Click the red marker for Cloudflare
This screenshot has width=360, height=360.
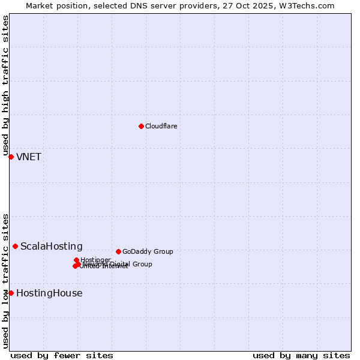(141, 126)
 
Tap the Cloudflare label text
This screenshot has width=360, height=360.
(161, 126)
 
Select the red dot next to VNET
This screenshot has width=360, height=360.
(11, 157)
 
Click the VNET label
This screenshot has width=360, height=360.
(29, 157)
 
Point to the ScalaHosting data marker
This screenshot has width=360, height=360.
(15, 246)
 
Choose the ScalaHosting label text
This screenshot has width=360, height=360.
(52, 247)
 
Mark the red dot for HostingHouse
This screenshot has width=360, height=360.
(11, 293)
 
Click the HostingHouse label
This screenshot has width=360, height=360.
(49, 293)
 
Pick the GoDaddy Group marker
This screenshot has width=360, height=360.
(118, 251)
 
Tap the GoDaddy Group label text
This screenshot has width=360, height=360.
(148, 251)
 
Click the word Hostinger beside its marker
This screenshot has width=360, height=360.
(95, 260)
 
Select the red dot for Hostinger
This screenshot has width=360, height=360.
(76, 260)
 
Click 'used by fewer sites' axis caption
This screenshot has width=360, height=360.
(62, 355)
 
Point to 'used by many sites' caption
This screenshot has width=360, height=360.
(301, 355)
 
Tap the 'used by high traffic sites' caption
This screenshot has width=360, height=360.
(6, 86)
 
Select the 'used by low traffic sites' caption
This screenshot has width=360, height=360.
(6, 280)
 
